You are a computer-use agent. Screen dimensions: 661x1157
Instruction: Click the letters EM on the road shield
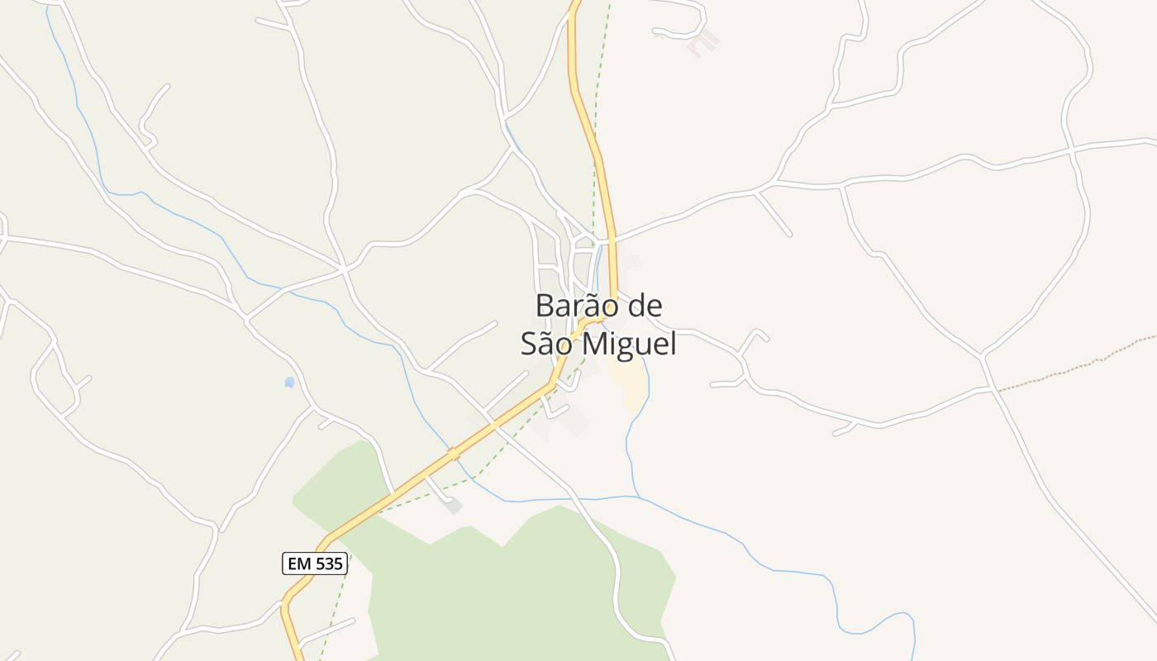pyautogui.click(x=299, y=564)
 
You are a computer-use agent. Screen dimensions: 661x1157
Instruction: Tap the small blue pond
pyautogui.click(x=289, y=382)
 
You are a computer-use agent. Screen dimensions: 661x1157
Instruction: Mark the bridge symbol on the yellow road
pyautogui.click(x=452, y=453)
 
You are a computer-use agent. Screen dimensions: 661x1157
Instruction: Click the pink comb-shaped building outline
pyautogui.click(x=702, y=43)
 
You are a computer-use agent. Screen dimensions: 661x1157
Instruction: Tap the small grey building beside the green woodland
pyautogui.click(x=453, y=505)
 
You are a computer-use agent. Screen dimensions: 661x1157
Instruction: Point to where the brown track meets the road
pyautogui.click(x=996, y=390)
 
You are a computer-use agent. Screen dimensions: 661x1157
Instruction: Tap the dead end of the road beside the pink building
pyautogui.click(x=655, y=31)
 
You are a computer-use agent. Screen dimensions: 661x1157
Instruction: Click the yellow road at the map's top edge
pyautogui.click(x=576, y=3)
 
